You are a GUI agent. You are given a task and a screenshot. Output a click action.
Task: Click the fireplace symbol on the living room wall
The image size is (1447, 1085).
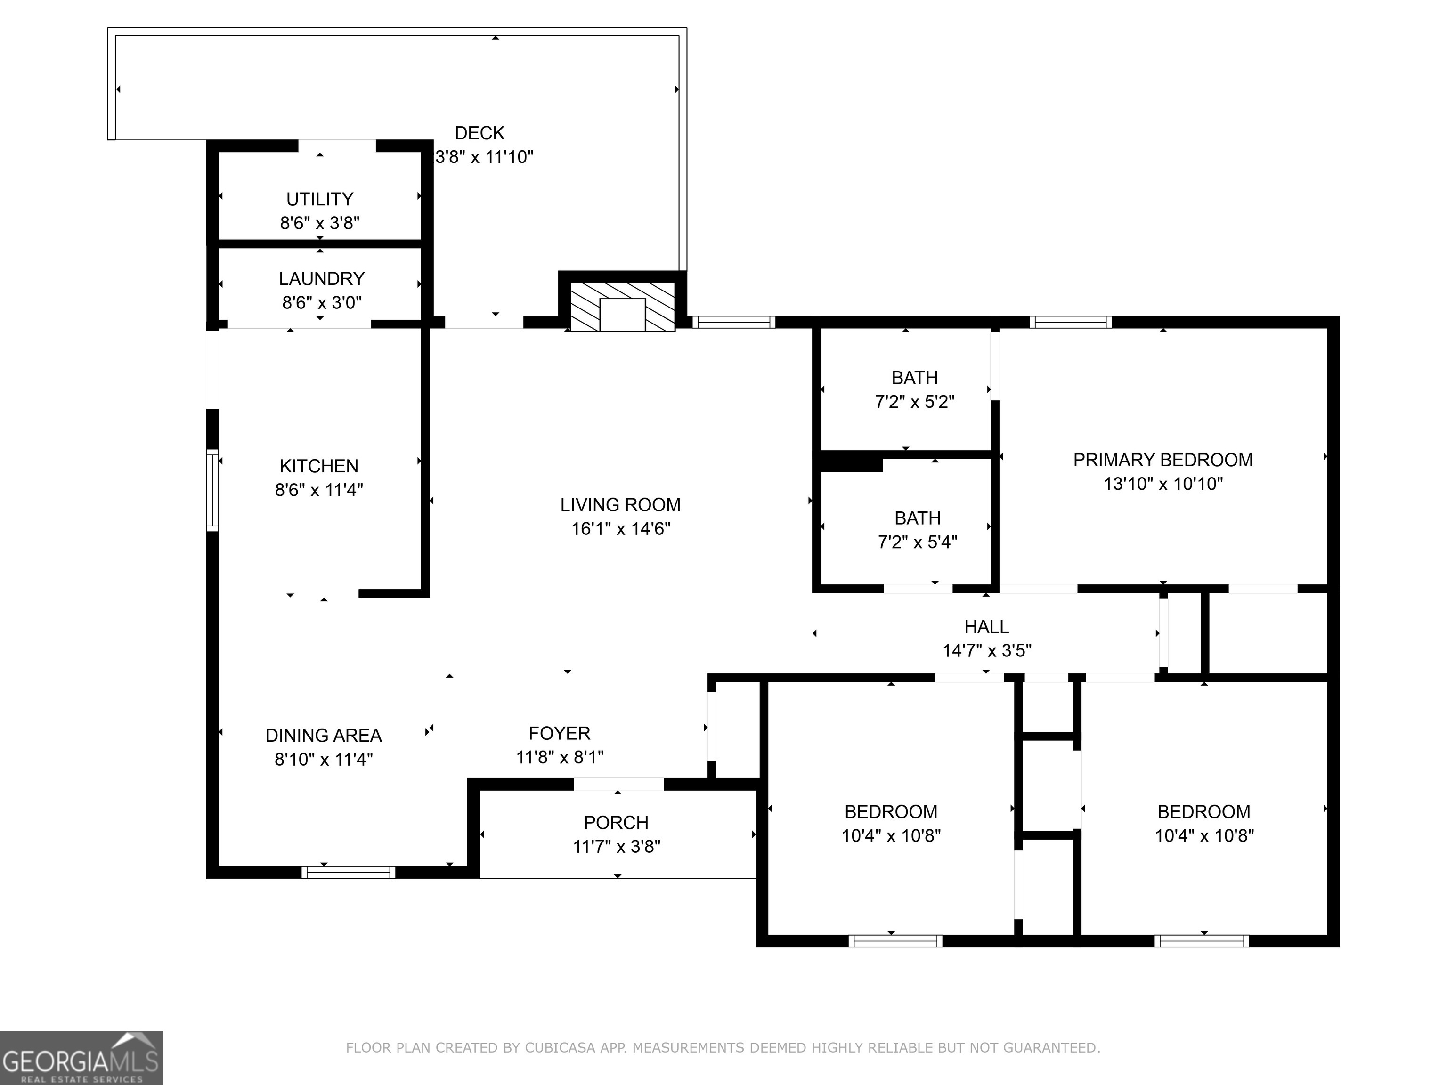click(622, 307)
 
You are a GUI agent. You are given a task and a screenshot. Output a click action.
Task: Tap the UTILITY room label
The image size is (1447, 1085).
click(320, 199)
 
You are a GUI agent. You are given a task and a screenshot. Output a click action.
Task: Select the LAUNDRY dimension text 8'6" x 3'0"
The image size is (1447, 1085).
click(322, 302)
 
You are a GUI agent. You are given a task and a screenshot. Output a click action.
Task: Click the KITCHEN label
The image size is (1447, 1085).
click(319, 466)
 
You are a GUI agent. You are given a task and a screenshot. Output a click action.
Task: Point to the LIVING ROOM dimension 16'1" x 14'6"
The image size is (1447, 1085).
click(621, 528)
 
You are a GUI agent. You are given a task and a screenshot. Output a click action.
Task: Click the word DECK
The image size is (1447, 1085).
click(480, 133)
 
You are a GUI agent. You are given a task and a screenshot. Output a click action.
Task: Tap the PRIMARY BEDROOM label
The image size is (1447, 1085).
click(1163, 460)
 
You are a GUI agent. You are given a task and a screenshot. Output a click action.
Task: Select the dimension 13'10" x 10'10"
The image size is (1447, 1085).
click(1163, 484)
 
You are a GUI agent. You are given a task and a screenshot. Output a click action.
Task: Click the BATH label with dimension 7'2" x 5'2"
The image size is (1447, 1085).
click(915, 378)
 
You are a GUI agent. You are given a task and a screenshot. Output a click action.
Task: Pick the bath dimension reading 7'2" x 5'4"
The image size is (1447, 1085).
click(917, 542)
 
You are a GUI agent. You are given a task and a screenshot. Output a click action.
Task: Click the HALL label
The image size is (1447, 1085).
click(986, 626)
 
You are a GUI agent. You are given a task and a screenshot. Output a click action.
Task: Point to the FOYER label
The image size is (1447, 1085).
click(559, 733)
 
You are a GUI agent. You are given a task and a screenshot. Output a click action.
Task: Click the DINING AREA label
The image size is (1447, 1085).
click(324, 736)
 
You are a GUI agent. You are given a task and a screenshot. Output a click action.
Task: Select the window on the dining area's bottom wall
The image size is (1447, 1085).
click(348, 872)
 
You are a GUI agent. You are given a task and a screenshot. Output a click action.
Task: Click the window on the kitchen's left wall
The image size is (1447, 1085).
click(212, 490)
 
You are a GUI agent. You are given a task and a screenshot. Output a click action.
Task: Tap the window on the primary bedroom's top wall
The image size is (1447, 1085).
click(1070, 322)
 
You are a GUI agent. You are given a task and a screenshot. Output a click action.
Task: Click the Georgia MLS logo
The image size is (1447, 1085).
click(81, 1058)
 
